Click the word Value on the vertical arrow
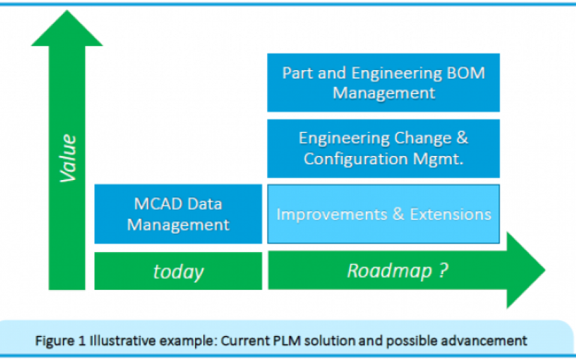(x=68, y=158)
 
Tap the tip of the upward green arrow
(x=67, y=10)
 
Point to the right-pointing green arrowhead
(x=526, y=270)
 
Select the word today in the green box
(x=178, y=272)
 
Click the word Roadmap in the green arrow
(x=390, y=271)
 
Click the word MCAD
(x=158, y=203)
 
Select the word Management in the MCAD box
(x=178, y=224)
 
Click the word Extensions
(x=451, y=214)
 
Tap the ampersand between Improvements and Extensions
(x=398, y=214)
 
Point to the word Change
(x=422, y=139)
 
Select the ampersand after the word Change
(x=462, y=138)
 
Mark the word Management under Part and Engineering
(x=384, y=92)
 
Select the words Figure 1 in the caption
(x=60, y=341)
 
